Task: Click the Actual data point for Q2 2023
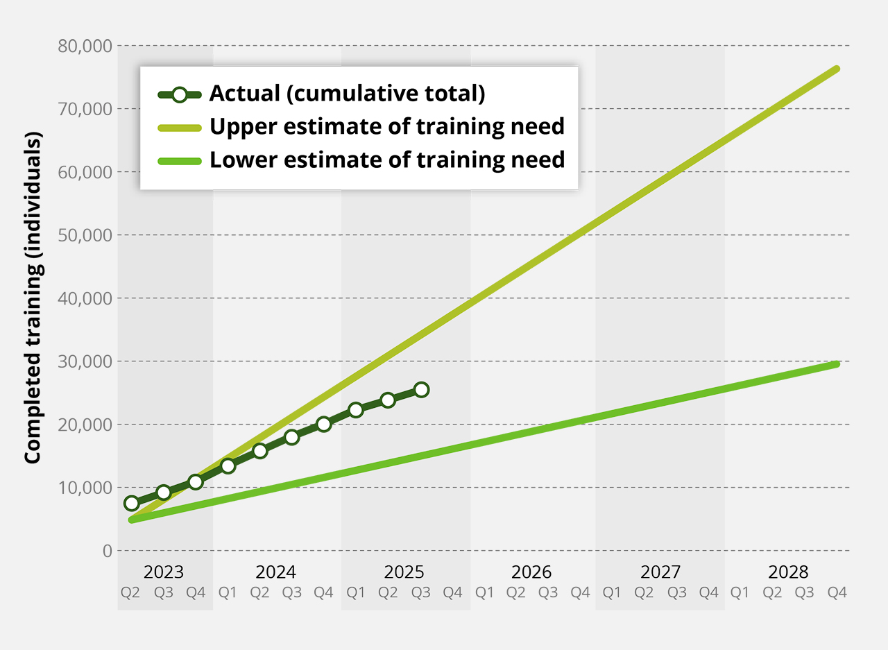coord(131,503)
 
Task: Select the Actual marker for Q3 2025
coord(421,389)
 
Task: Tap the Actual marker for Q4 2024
coord(323,424)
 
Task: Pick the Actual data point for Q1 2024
coord(228,465)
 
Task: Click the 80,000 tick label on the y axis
coord(83,46)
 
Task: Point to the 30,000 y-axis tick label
coord(83,361)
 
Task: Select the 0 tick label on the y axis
coord(106,551)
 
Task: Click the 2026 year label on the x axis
coord(531,572)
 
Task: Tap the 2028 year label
coord(789,572)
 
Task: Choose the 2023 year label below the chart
coord(164,572)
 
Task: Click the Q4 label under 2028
coord(837,592)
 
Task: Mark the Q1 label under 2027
coord(612,592)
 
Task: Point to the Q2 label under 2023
coord(130,592)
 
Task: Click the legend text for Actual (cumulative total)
coord(347,94)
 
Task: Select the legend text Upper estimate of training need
coord(386,127)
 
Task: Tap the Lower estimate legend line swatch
coord(179,161)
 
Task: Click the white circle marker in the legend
coord(179,94)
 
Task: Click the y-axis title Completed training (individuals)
coord(33,298)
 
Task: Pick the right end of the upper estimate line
coord(837,69)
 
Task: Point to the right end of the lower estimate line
coord(837,364)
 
